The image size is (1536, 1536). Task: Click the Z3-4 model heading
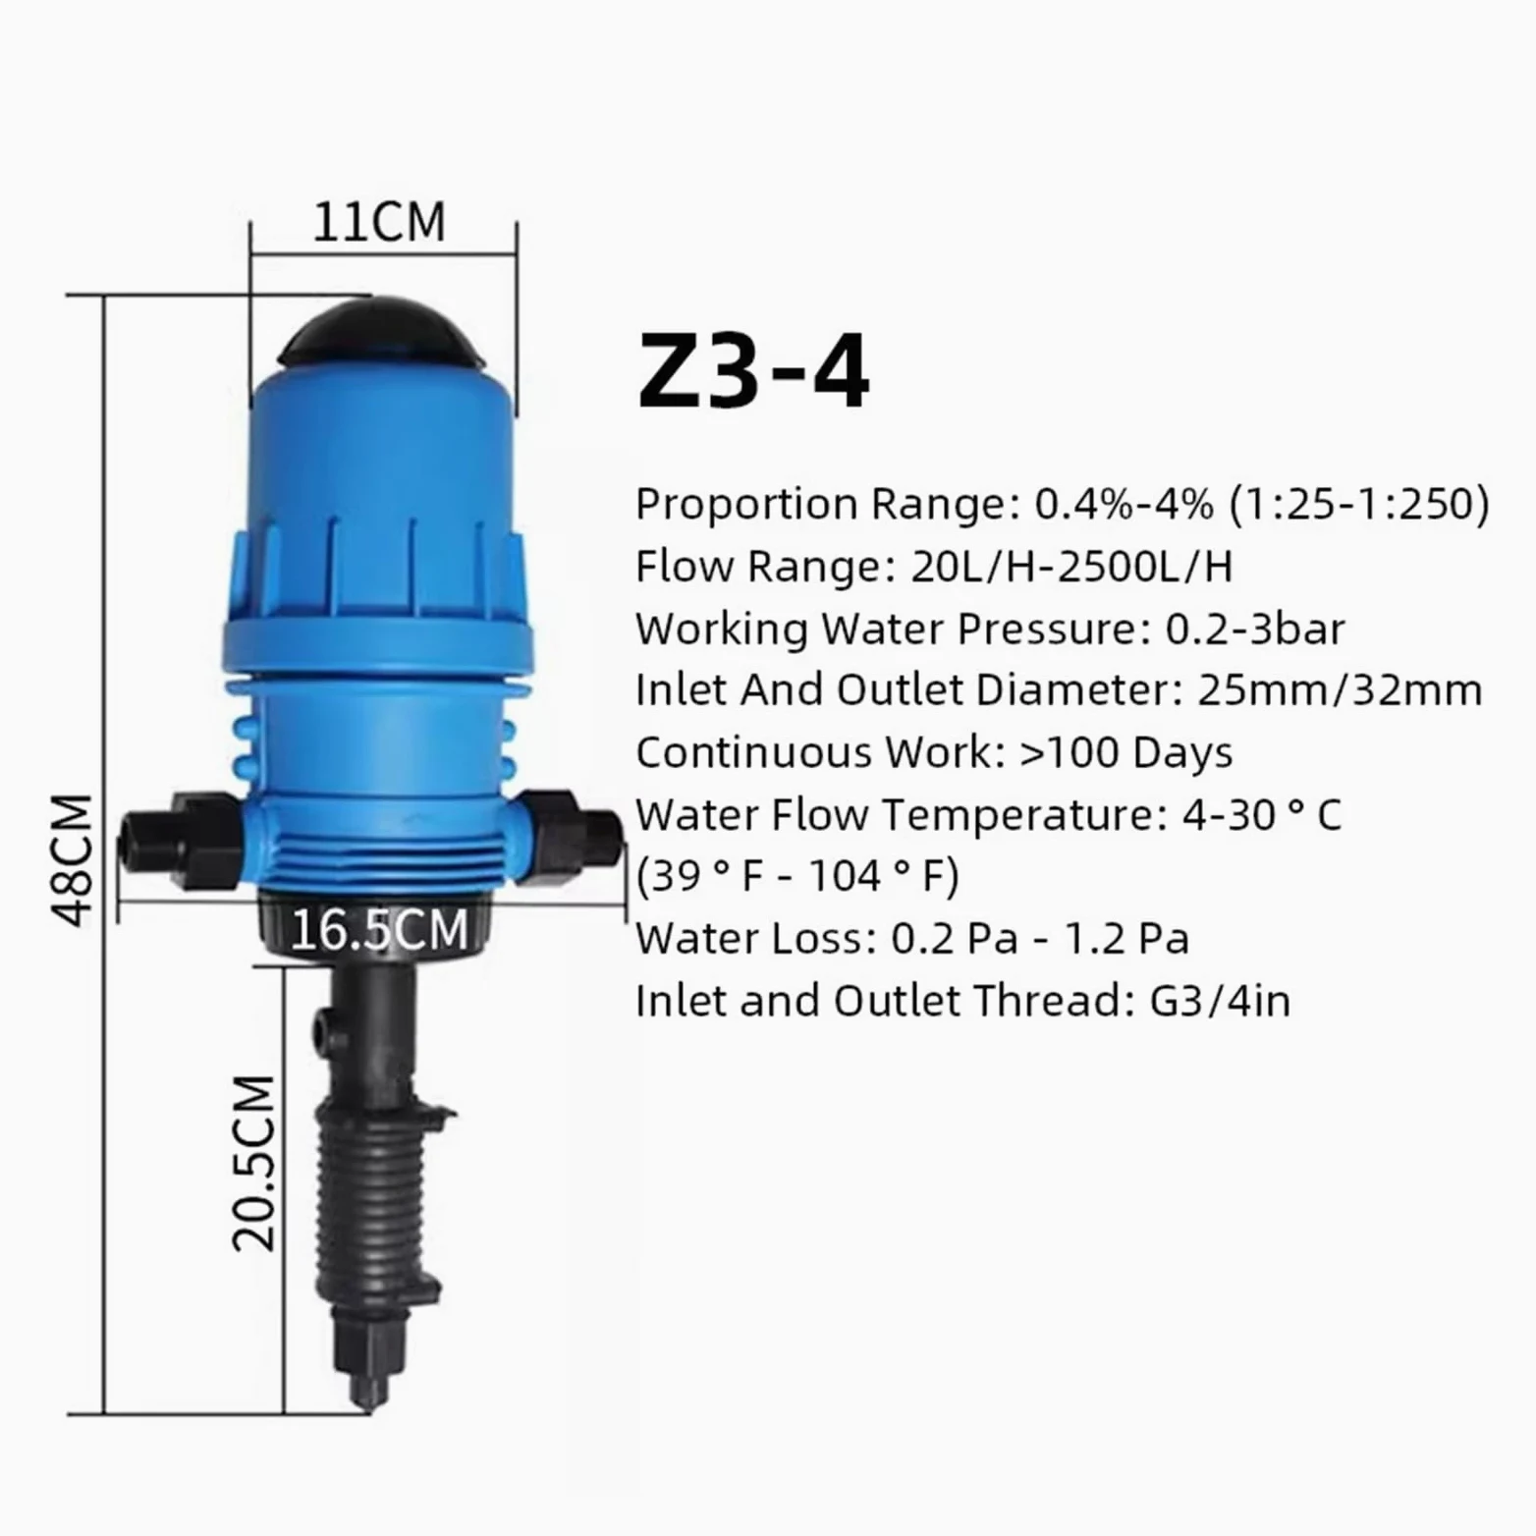[753, 371]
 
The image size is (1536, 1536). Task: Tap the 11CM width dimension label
[379, 222]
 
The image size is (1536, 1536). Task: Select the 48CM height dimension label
[73, 860]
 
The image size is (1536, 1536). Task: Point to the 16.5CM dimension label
[379, 929]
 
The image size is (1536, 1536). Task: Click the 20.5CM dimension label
[254, 1164]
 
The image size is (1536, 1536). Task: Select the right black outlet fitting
[571, 837]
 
